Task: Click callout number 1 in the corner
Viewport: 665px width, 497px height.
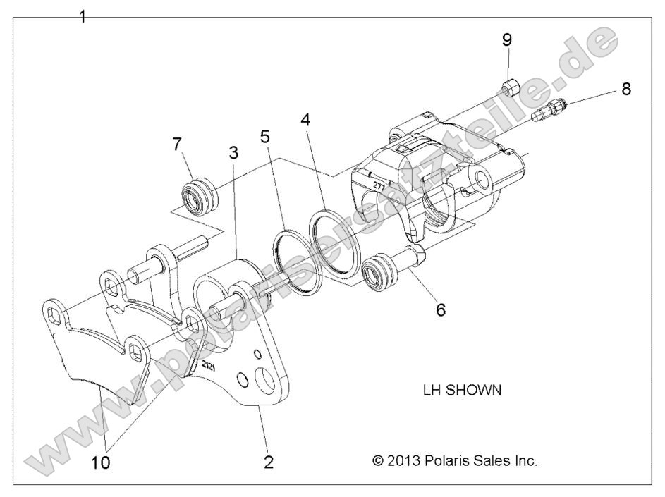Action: pos(83,16)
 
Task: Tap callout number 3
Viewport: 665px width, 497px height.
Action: pos(233,152)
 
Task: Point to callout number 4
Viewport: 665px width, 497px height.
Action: pos(305,119)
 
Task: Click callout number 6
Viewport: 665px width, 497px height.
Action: pos(440,309)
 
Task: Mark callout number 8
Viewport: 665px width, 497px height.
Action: pos(626,89)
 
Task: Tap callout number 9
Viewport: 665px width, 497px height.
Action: pos(507,39)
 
